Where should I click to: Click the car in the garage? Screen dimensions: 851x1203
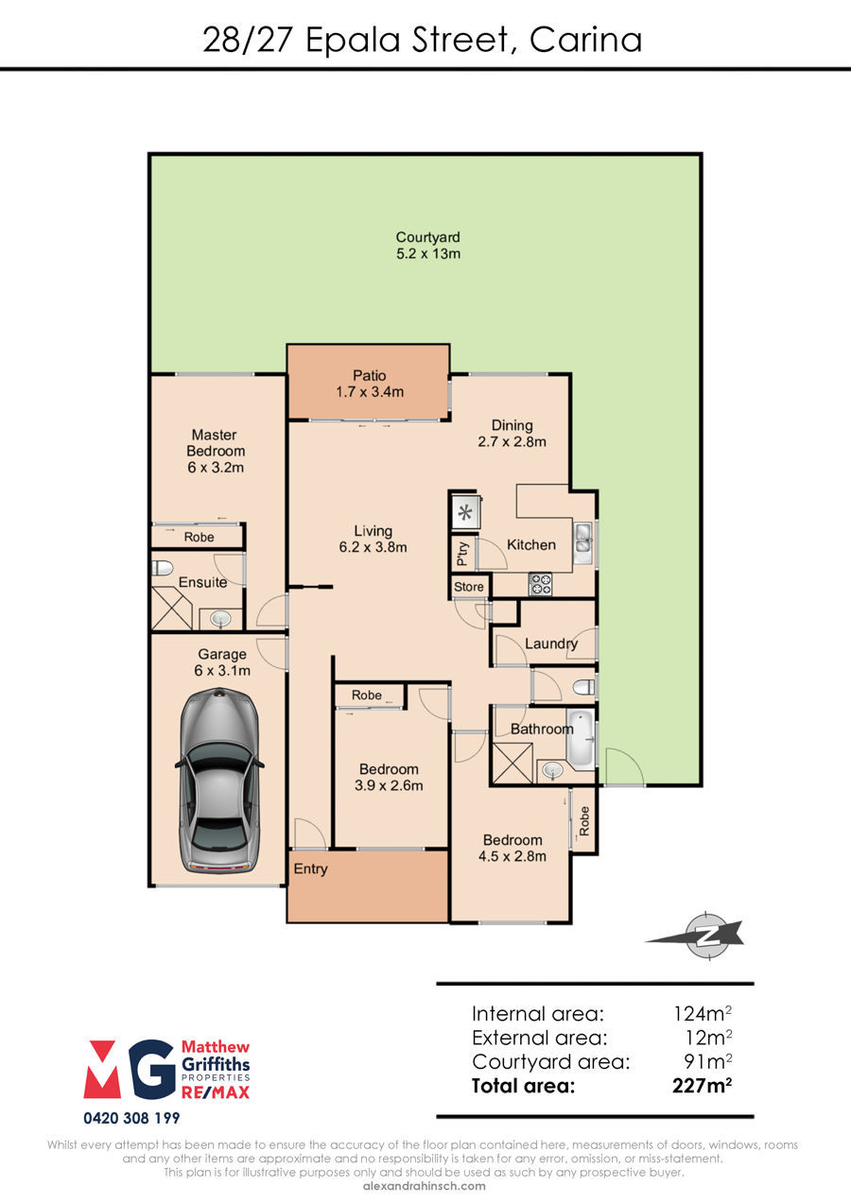click(x=219, y=781)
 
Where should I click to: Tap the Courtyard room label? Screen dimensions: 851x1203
click(x=427, y=246)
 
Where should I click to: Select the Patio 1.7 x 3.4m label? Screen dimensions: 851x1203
click(x=370, y=384)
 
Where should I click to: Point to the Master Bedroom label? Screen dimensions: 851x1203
click(x=216, y=451)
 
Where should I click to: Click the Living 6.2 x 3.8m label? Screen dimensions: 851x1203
click(x=373, y=540)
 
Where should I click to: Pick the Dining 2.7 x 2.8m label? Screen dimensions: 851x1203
click(x=512, y=434)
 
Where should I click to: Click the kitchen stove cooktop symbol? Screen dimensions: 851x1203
click(x=540, y=584)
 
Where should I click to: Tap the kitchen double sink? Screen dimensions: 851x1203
click(x=582, y=542)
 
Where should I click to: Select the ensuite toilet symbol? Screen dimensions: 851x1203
click(x=163, y=568)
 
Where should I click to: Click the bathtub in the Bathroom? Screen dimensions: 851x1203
click(x=581, y=739)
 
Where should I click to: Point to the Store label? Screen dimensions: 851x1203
click(x=468, y=587)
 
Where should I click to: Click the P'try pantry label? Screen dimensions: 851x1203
click(x=462, y=553)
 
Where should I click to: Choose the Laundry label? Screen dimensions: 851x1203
click(x=551, y=644)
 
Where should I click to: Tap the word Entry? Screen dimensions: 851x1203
click(x=310, y=869)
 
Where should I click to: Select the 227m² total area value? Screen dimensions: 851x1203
click(x=702, y=1086)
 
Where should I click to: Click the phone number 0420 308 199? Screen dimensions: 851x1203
click(x=131, y=1118)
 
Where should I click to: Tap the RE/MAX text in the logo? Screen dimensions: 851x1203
click(x=216, y=1092)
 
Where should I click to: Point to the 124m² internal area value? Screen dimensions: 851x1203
click(x=703, y=1014)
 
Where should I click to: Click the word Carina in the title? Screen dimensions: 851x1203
click(x=585, y=41)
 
